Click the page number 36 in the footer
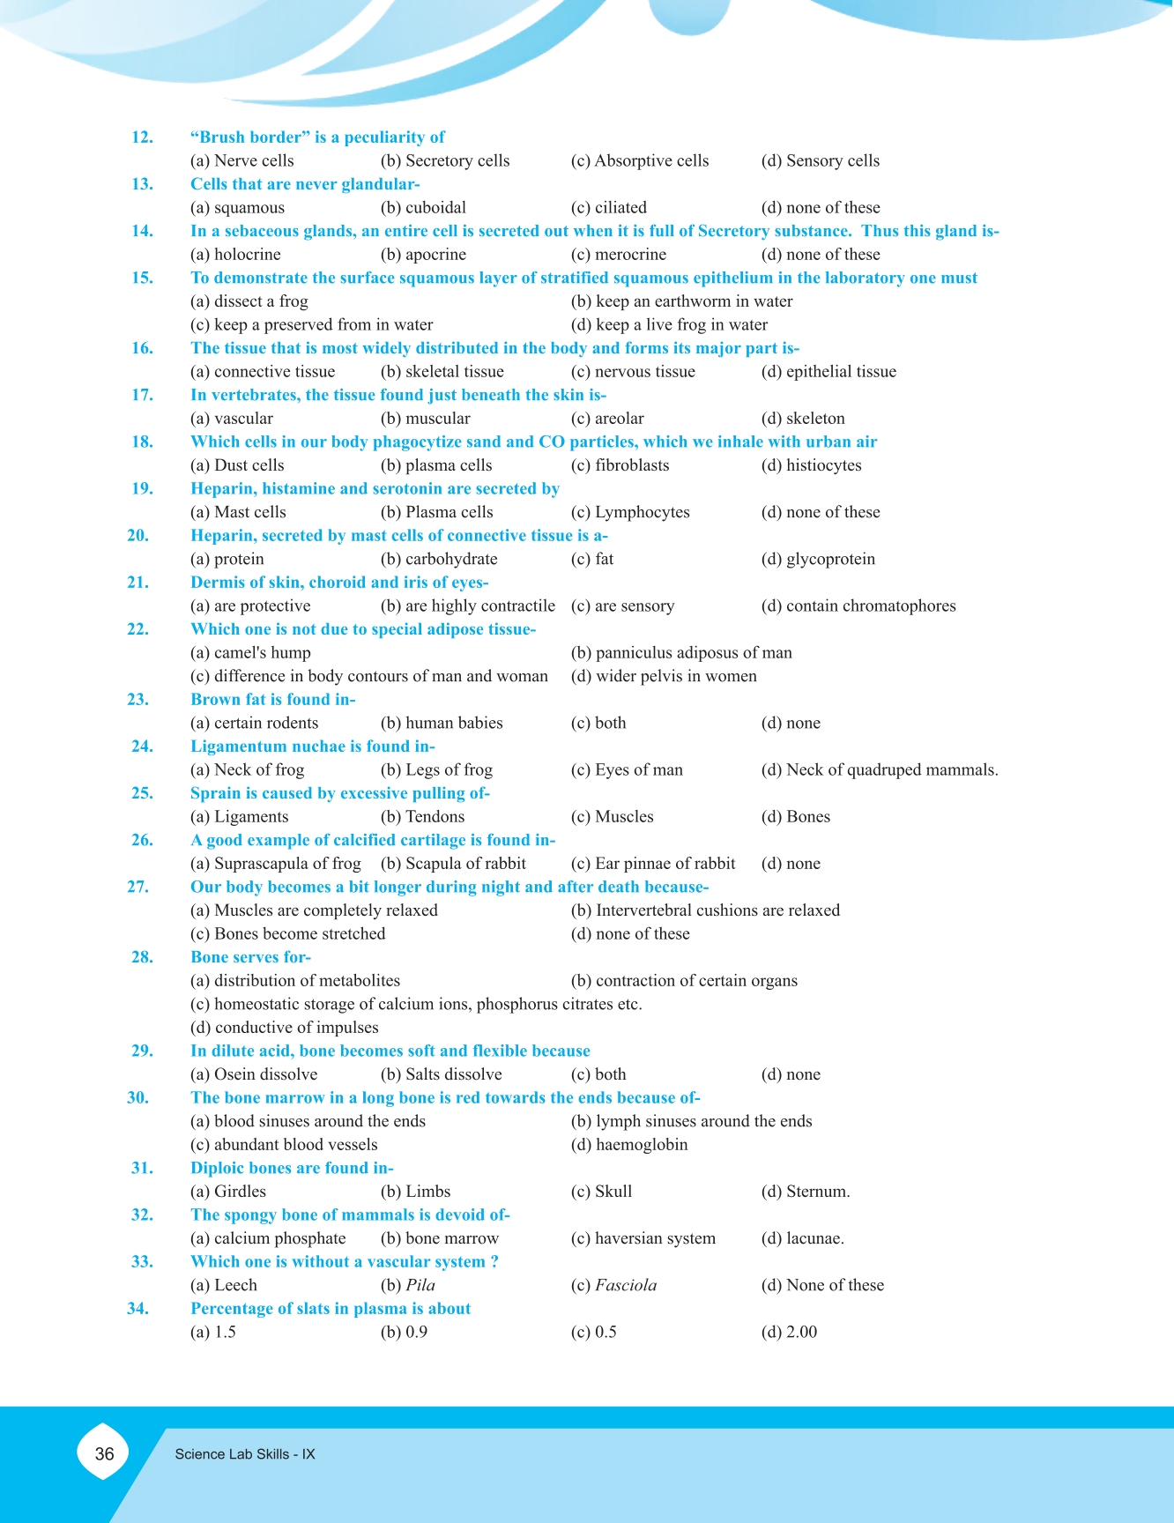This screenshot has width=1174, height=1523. pos(104,1453)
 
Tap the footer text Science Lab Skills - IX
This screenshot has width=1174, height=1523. pos(244,1454)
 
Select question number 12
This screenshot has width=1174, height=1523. pos(142,137)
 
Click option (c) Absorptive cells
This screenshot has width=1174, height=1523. pos(640,160)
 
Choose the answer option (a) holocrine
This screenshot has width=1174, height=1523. pos(235,255)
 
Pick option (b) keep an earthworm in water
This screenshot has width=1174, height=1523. pos(681,301)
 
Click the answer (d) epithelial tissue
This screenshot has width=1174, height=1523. pos(828,372)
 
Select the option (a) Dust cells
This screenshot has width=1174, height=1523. pos(237,465)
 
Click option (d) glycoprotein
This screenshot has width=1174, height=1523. pos(818,559)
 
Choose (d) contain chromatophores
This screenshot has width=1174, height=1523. pos(858,606)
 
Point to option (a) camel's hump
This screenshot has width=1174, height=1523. pos(250,653)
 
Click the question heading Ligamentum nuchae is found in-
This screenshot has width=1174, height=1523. pos(313,747)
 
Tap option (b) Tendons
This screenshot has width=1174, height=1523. pos(422,817)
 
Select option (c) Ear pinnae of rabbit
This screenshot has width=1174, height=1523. pos(653,864)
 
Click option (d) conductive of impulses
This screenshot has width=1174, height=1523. pos(284,1028)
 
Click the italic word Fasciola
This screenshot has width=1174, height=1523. pos(626,1285)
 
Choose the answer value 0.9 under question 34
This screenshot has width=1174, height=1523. pos(416,1332)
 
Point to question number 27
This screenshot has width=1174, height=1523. pos(138,887)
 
